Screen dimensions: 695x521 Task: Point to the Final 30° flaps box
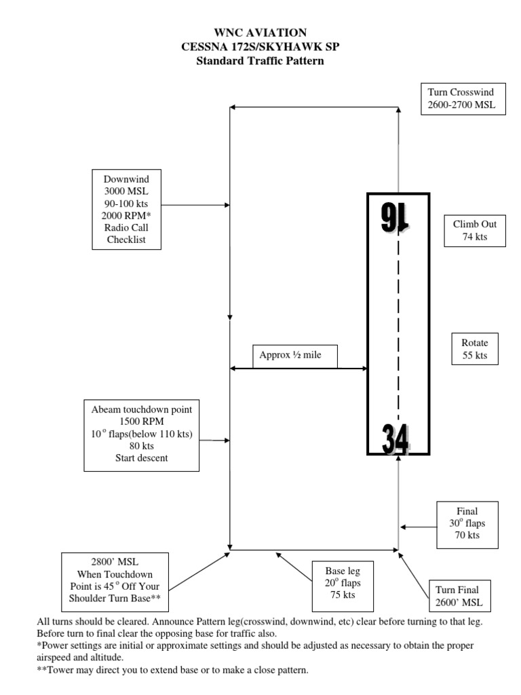(x=467, y=523)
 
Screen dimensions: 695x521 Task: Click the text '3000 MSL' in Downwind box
(x=126, y=191)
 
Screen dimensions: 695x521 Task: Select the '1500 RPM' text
(x=142, y=421)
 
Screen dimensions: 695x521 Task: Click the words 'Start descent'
(x=142, y=458)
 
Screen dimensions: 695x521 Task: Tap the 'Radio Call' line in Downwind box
(x=126, y=227)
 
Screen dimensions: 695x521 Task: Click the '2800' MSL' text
(x=114, y=563)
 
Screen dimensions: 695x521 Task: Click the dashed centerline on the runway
(x=398, y=326)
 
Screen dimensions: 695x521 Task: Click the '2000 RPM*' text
(x=126, y=216)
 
